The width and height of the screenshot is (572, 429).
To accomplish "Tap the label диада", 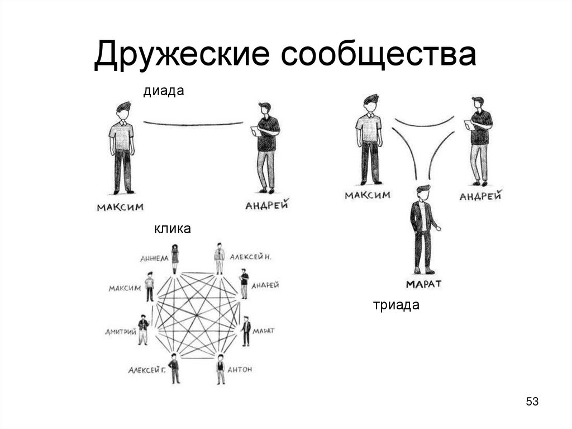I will coord(164,91).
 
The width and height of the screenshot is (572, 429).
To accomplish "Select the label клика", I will coord(173,229).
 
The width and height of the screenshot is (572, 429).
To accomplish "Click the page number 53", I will coord(532,402).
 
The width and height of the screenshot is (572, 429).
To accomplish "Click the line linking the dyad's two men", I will coord(193,123).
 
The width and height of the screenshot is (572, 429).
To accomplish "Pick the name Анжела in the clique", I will coord(154,258).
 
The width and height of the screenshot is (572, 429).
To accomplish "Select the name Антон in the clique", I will coord(240,370).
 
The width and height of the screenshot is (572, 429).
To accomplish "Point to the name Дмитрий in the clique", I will coord(120,332).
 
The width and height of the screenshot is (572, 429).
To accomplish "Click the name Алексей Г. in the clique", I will coord(146,370).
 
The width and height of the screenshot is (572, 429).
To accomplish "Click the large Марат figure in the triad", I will coord(423,229).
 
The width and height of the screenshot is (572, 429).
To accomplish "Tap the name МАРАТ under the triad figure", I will coord(423,284).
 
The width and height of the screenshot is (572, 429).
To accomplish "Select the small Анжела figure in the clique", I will coord(175,258).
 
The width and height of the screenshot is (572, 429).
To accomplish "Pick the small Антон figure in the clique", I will coord(221,369).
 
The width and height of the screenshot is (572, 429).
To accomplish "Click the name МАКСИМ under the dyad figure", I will coord(120,208).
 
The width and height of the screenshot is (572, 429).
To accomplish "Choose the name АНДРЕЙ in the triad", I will coord(480,196).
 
